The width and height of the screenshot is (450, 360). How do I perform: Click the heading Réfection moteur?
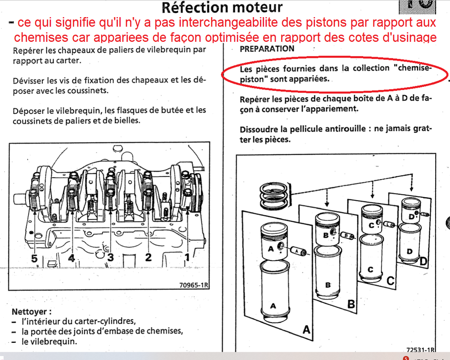(222, 8)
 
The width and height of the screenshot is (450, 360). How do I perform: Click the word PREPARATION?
(267, 49)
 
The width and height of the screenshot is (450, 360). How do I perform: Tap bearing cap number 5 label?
(35, 258)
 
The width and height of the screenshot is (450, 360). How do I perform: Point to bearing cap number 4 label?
(72, 257)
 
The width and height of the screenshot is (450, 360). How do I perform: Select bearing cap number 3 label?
(110, 257)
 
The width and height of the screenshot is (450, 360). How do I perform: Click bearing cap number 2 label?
(148, 256)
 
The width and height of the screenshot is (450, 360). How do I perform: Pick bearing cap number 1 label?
(187, 256)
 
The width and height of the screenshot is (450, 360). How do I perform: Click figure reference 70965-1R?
(193, 285)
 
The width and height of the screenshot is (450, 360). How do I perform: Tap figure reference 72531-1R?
(420, 349)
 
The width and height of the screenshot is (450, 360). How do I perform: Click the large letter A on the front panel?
(306, 329)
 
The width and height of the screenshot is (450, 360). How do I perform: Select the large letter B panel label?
(351, 304)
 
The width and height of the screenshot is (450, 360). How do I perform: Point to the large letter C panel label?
(390, 280)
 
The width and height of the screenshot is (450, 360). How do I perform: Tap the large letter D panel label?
(423, 261)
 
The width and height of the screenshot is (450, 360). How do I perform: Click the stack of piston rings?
(274, 196)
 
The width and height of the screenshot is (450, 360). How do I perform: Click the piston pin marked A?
(298, 251)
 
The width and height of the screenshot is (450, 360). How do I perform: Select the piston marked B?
(328, 229)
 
